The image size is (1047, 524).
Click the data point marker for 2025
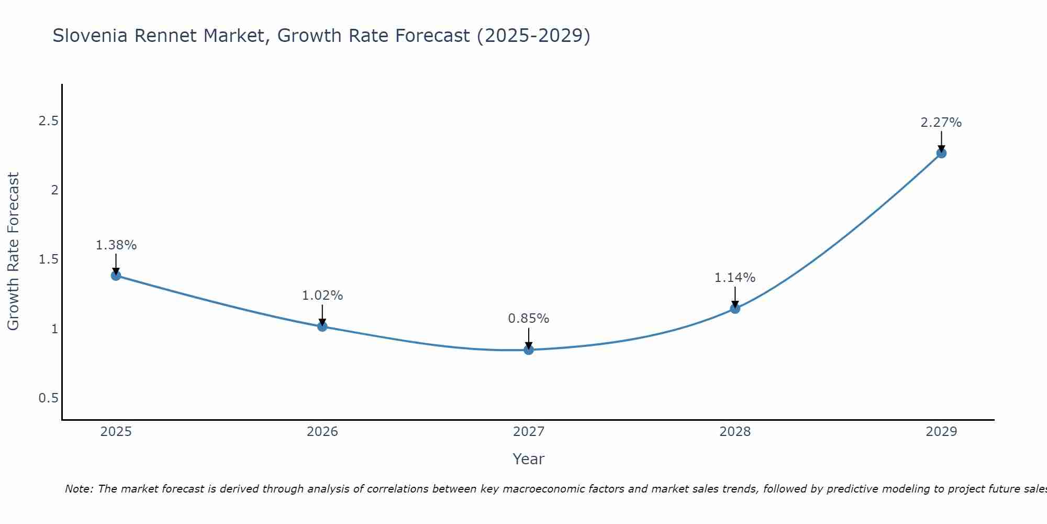coord(116,276)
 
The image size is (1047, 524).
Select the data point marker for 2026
coord(322,326)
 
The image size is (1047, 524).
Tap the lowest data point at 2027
coord(528,350)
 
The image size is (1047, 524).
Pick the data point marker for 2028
coord(734,309)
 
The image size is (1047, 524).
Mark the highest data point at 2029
coord(941,153)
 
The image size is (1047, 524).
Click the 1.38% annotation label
coord(116,245)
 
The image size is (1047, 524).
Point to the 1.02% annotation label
coord(322,296)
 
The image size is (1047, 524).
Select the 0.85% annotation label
coord(528,319)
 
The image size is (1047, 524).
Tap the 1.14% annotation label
coord(734,278)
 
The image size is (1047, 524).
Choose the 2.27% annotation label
coord(941,123)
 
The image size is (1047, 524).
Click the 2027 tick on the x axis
coord(528,432)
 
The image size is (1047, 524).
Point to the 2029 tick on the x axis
coord(941,432)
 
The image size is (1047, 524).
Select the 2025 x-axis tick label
coord(116,432)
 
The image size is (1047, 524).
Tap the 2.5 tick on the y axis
coord(48,121)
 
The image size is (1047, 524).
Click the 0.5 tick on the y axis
coord(48,398)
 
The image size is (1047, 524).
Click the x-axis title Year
coord(528,459)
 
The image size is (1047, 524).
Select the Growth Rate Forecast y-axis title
coord(13,252)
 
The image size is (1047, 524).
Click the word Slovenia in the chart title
coord(90,36)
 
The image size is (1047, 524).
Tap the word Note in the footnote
coord(79,489)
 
